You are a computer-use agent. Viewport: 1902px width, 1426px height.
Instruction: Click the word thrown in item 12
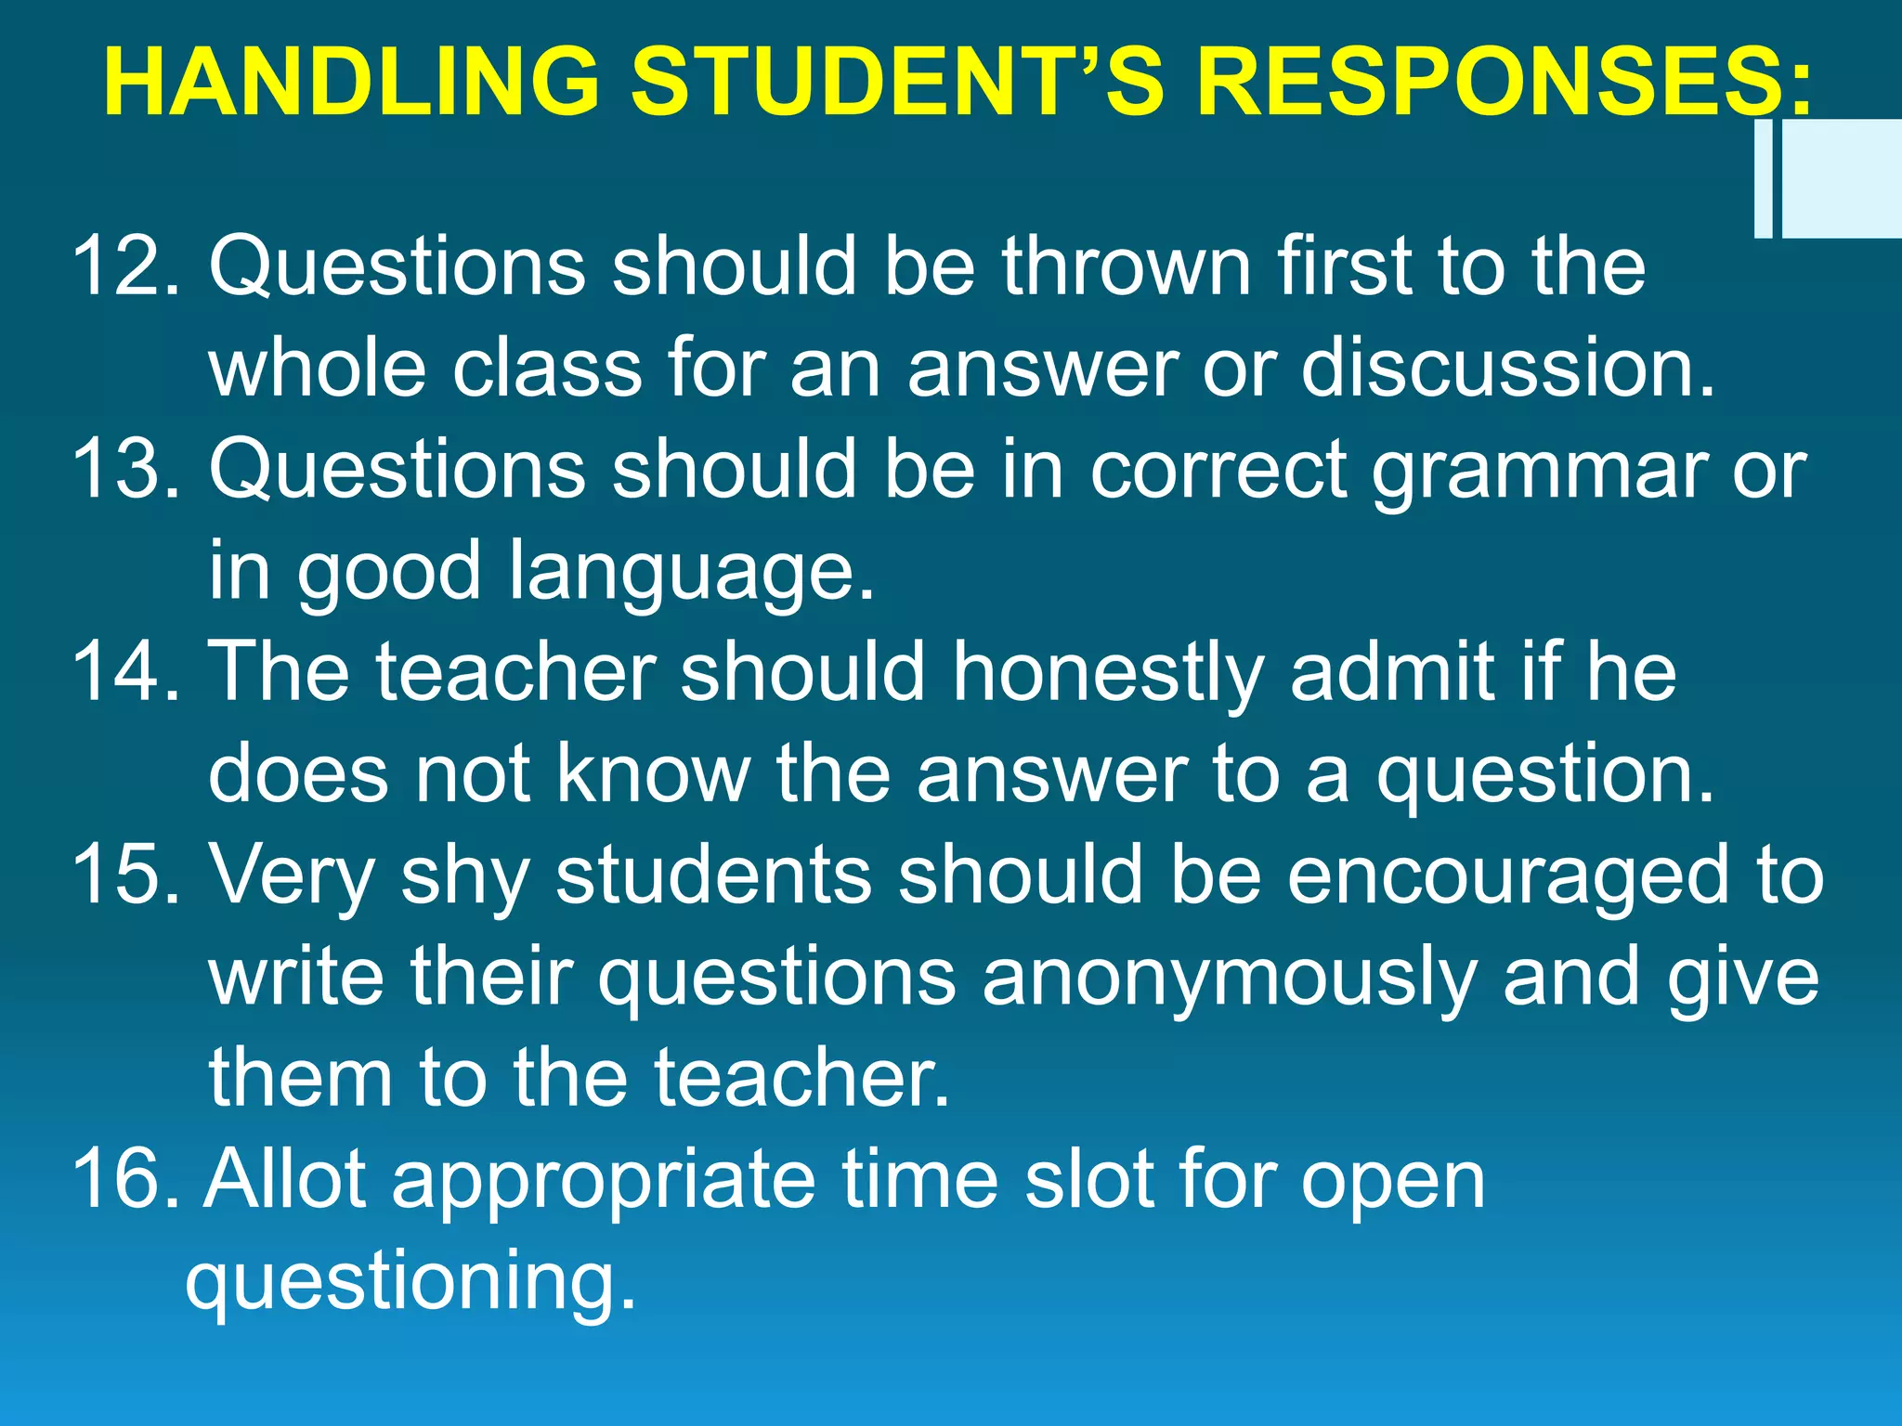point(1126,266)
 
